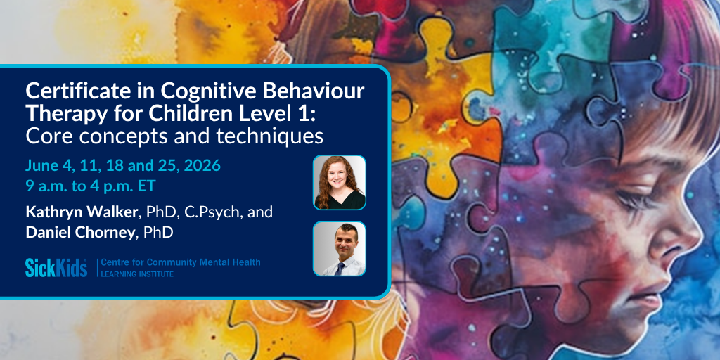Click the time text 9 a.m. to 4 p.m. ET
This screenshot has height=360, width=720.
click(91, 186)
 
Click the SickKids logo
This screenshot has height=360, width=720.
click(56, 268)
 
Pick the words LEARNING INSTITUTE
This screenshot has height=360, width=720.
click(137, 274)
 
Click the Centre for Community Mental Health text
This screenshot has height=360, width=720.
click(181, 263)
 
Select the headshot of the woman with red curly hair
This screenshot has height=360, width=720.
click(340, 182)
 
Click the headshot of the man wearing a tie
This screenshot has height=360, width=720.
click(340, 248)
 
